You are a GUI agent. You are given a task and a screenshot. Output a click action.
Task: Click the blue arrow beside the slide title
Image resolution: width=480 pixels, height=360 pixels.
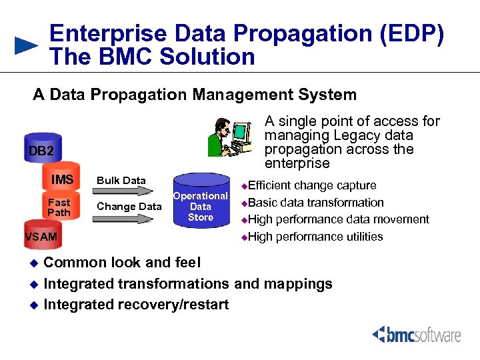coord(27,45)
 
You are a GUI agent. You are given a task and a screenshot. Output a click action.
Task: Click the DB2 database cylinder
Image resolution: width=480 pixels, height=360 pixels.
coord(41,150)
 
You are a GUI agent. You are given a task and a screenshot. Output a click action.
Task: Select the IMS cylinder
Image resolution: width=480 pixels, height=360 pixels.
coord(63,179)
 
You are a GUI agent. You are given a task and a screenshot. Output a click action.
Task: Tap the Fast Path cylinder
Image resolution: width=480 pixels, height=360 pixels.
coord(59,207)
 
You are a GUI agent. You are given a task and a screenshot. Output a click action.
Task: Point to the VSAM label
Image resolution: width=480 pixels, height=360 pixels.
coord(41,237)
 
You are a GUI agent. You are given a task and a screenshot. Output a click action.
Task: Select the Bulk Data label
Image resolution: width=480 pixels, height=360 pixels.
coord(121,180)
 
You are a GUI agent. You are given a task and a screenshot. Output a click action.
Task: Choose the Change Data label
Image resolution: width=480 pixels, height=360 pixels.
coord(129,207)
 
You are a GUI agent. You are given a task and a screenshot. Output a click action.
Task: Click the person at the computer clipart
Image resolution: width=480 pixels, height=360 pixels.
coord(230,137)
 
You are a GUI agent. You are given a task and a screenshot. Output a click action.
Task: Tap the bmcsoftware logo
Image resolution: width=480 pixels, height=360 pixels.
coord(417,334)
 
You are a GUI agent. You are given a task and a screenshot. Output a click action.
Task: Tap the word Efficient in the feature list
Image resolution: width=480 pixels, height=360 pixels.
coord(269,185)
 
